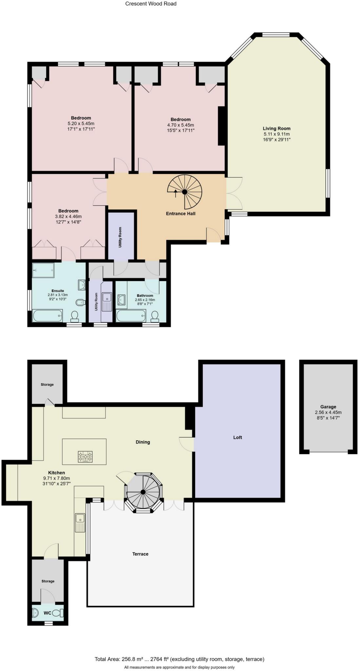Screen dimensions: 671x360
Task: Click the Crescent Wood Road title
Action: (151, 4)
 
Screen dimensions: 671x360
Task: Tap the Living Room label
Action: (276, 128)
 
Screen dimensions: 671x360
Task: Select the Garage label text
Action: (328, 407)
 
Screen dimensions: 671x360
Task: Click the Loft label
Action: (237, 437)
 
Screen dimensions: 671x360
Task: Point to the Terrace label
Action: (140, 554)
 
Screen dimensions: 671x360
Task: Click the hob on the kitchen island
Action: (85, 456)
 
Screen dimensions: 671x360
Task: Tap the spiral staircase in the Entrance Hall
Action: (184, 192)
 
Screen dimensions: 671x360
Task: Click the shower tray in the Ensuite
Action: (43, 270)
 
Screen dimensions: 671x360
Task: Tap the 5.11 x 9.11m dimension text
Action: (276, 134)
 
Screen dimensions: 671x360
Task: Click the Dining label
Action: (143, 442)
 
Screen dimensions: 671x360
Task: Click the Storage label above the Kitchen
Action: (47, 384)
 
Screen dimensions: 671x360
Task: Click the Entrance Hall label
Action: (180, 214)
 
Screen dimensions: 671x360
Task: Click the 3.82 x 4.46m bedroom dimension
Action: (68, 216)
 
